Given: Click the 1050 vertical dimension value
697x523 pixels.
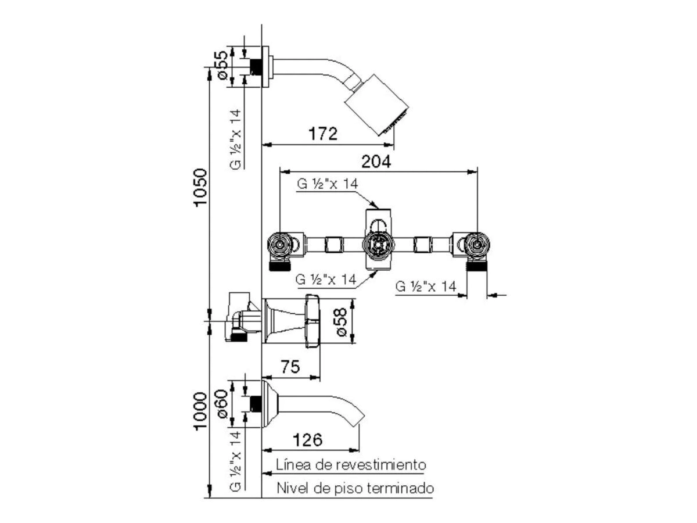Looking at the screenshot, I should tap(200, 188).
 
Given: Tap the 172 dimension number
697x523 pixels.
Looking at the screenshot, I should tap(323, 134).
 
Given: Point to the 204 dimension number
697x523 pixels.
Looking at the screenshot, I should tap(376, 162).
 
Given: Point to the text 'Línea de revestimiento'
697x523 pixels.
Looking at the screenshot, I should tap(351, 465).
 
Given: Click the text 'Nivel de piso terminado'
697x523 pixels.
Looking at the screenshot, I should tap(355, 488).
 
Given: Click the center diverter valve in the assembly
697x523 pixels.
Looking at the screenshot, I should tap(378, 243).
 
